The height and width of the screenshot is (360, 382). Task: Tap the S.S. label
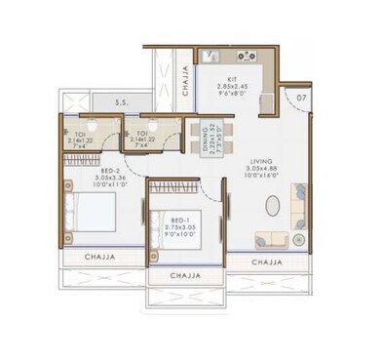click(122, 101)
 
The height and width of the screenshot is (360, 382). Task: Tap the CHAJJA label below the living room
click(264, 262)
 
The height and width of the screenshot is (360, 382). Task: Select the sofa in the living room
click(271, 240)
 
